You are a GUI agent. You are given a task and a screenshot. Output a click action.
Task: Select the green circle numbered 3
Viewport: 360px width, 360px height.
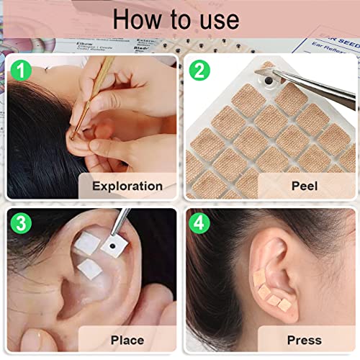pos(21,222)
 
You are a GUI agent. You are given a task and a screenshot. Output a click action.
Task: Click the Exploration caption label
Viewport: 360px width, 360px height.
pos(127,186)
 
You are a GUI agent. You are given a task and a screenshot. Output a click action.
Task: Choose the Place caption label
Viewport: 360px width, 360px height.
pos(127,339)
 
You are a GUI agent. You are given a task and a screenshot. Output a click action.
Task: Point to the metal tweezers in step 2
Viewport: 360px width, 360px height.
pos(317,92)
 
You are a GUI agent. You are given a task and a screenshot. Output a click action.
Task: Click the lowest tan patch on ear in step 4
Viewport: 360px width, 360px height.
pos(284,305)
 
